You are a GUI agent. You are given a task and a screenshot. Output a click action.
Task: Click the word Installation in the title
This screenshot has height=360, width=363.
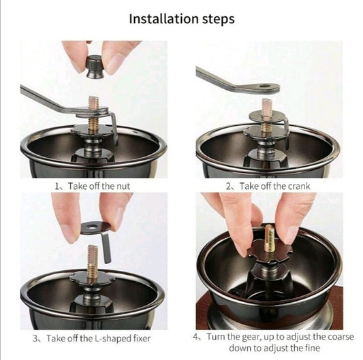pos(163,18)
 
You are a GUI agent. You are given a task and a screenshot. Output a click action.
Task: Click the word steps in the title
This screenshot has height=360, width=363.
pos(219,20)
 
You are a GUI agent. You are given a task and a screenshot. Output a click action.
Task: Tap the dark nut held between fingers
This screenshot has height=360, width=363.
pos(95,67)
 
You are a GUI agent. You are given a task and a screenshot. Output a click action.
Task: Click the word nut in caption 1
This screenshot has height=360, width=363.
pos(123,186)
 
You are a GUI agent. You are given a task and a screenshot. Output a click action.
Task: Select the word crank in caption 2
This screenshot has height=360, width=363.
pos(297,186)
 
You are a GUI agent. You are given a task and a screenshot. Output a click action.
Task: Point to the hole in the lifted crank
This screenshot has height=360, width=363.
pos(264,86)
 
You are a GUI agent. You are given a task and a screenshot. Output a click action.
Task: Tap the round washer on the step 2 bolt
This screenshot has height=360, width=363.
pos(266,116)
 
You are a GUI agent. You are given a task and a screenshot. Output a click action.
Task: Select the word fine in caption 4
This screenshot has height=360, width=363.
pos(313,348)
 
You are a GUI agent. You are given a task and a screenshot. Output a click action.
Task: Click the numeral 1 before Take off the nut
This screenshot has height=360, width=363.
pos(57,186)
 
